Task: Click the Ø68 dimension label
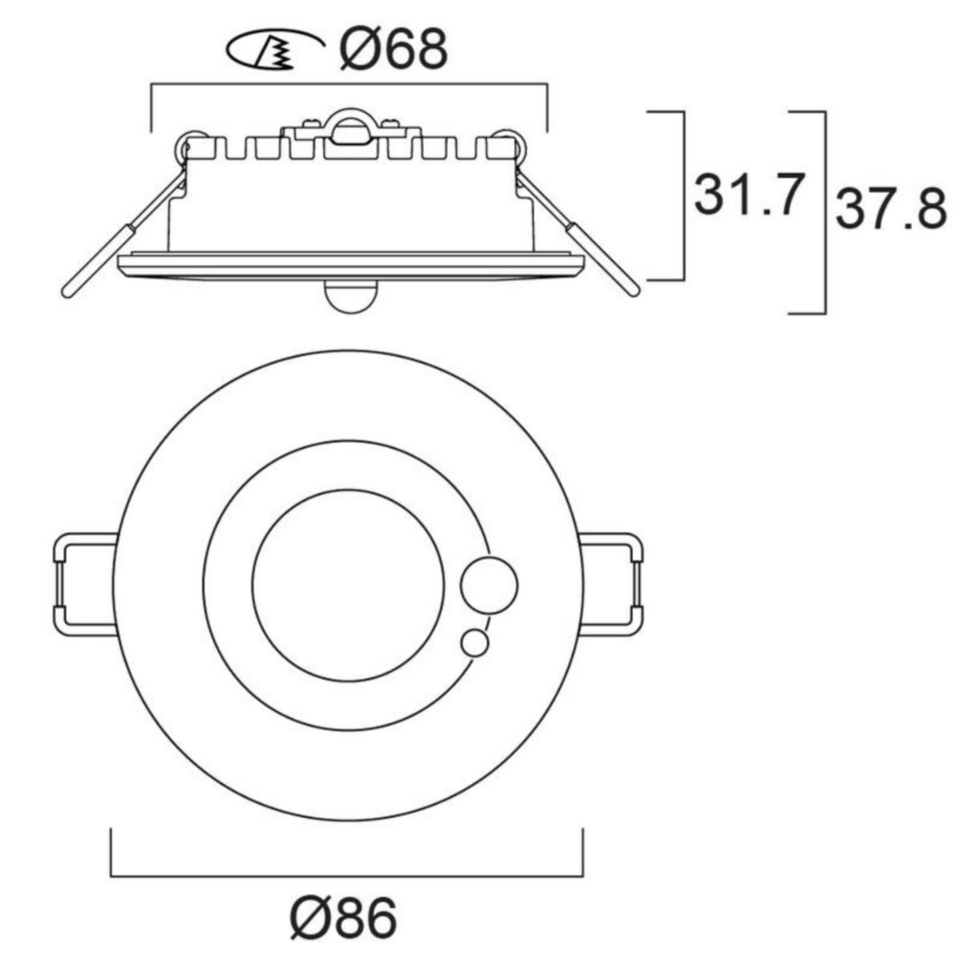pyautogui.click(x=394, y=48)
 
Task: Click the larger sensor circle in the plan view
pyautogui.click(x=489, y=584)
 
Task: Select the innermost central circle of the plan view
pyautogui.click(x=349, y=584)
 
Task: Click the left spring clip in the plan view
pyautogui.click(x=85, y=584)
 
